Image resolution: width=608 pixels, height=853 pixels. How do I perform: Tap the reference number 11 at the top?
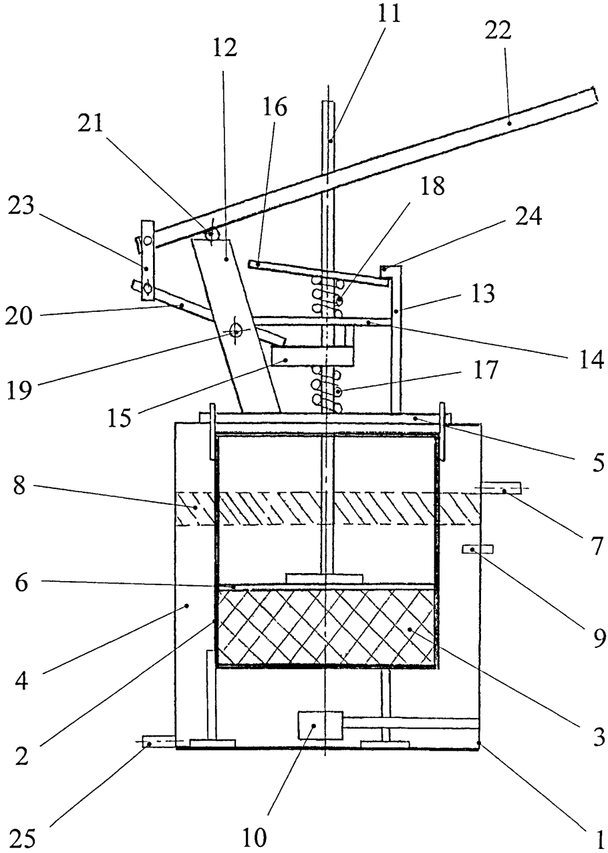392,13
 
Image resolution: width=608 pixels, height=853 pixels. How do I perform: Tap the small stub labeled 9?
477,549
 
